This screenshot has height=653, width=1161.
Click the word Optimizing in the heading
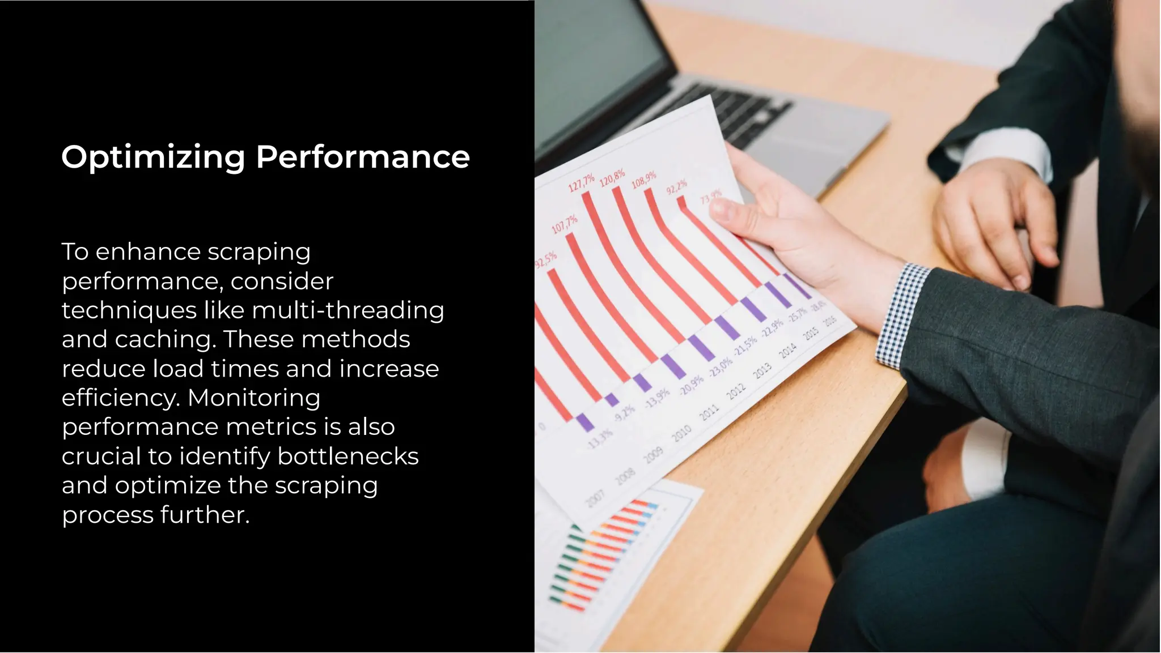153,157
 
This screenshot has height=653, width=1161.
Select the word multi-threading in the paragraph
348,310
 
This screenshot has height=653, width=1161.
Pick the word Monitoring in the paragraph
254,398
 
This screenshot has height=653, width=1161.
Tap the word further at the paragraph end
205,515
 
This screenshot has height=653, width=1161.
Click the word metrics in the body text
274,427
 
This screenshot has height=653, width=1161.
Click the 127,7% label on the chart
581,182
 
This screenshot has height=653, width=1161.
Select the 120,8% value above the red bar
612,177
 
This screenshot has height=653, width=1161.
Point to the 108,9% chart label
644,179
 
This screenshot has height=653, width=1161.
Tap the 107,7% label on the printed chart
565,224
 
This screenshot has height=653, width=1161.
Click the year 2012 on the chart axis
736,390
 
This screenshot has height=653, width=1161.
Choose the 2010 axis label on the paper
681,433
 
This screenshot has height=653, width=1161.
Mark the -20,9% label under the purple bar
692,385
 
